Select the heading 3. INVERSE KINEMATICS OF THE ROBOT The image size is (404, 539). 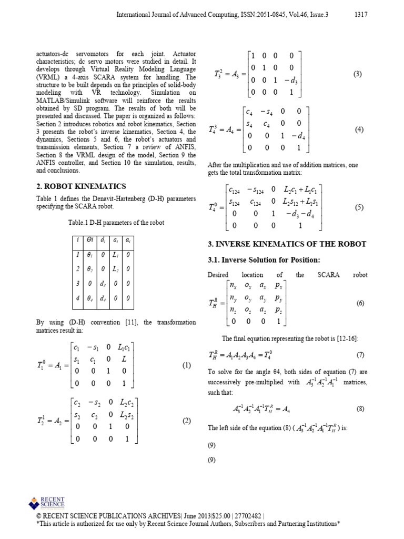pos(287,244)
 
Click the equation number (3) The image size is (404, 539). pos(358,74)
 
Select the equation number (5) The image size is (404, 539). pos(359,207)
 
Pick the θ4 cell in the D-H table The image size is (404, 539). pos(90,298)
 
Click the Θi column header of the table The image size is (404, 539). pos(90,240)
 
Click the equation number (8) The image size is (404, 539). pos(360,408)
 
